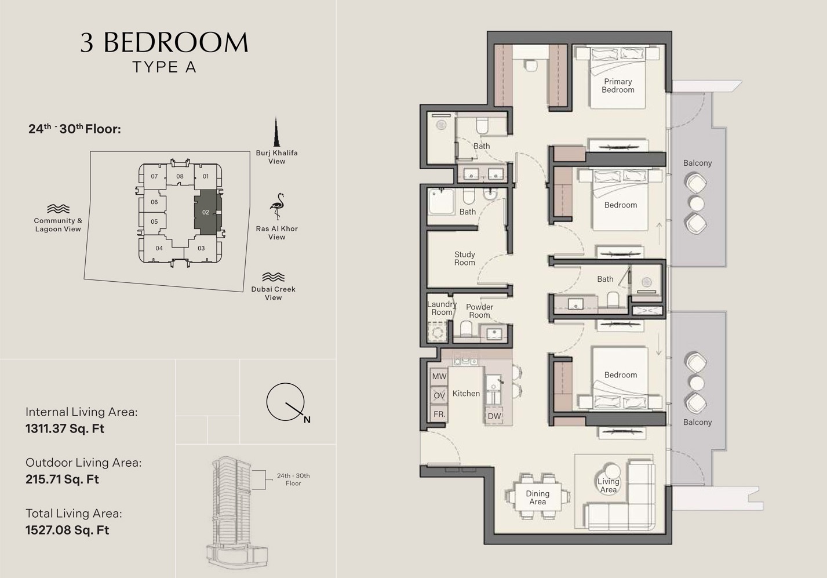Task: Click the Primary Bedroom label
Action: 618,86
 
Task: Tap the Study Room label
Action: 464,259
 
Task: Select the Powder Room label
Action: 479,311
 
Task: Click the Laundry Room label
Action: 442,308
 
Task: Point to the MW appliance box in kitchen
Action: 439,376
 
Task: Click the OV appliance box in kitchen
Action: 439,395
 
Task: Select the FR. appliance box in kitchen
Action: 439,414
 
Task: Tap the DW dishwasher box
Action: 494,416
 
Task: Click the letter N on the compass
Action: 307,420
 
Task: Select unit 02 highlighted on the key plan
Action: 206,212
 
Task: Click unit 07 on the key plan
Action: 154,176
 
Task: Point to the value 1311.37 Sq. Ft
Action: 65,429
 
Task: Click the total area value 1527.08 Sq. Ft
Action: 67,530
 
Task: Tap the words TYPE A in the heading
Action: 165,67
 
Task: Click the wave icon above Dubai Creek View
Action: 273,277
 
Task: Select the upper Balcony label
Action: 697,163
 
